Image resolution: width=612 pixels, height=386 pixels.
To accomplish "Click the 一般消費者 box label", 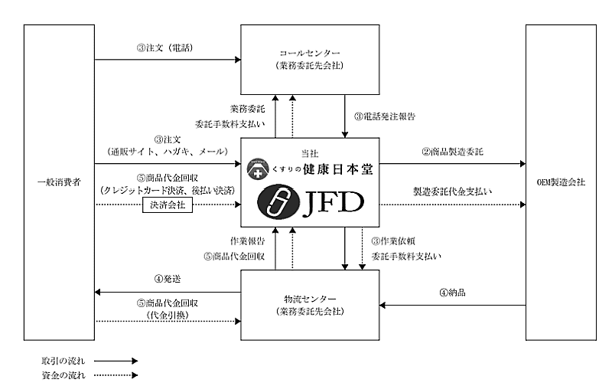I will pyautogui.click(x=54, y=184).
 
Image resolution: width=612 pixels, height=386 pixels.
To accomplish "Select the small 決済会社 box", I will pyautogui.click(x=166, y=206).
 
